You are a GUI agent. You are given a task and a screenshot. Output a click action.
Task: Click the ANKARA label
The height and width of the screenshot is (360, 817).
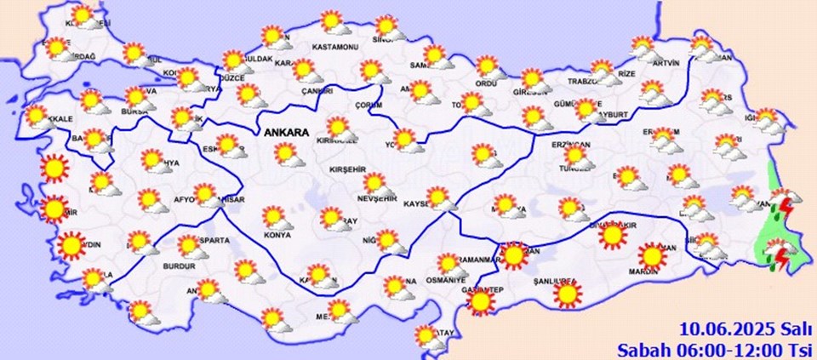coord(288,132)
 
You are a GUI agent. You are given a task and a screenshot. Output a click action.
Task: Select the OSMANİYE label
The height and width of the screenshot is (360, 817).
coord(447,280)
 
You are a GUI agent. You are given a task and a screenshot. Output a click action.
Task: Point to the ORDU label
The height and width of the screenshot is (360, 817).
coord(486,83)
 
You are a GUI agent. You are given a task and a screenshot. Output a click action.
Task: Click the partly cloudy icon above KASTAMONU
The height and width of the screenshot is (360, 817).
coord(332,22)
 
